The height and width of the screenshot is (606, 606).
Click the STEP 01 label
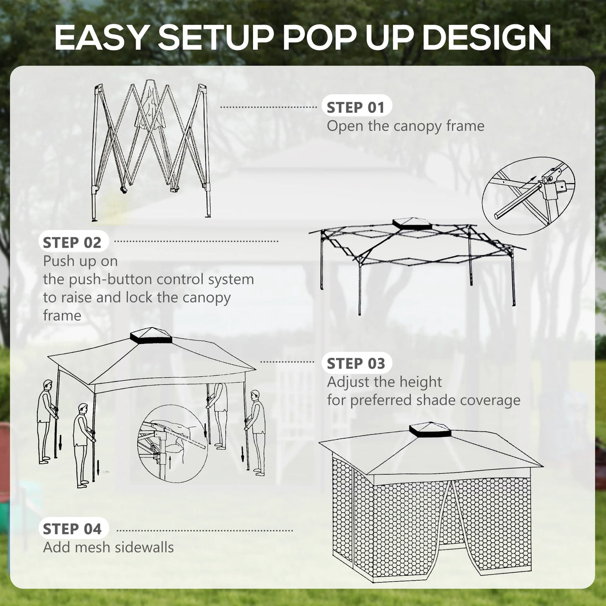[x=355, y=107]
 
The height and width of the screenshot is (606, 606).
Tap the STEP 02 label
[x=72, y=243]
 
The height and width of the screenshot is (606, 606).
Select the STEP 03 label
[x=355, y=363]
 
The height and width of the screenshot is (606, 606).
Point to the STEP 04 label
[x=72, y=529]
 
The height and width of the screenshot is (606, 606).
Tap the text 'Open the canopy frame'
[x=405, y=126]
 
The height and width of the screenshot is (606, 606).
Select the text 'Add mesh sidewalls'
[x=108, y=547]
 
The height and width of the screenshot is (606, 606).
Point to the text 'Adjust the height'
[x=384, y=382]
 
